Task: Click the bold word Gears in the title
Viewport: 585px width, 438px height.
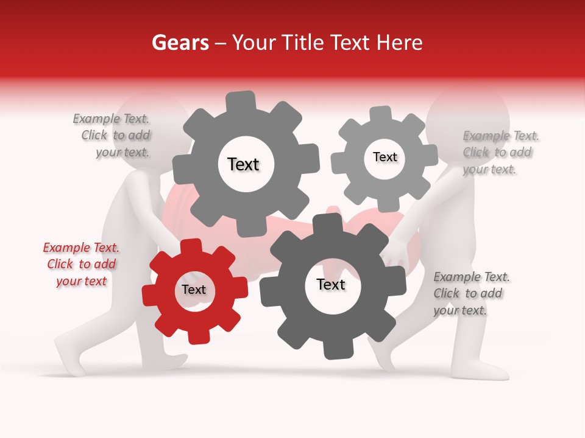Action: tap(180, 43)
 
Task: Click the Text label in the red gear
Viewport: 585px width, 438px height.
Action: tap(194, 290)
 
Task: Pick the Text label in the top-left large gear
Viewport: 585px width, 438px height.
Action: tap(243, 164)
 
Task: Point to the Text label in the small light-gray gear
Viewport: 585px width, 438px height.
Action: tap(385, 157)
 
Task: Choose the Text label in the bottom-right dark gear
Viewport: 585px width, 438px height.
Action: tap(331, 285)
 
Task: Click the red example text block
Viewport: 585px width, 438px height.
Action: tap(82, 265)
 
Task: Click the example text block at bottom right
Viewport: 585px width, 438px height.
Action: tap(470, 293)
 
